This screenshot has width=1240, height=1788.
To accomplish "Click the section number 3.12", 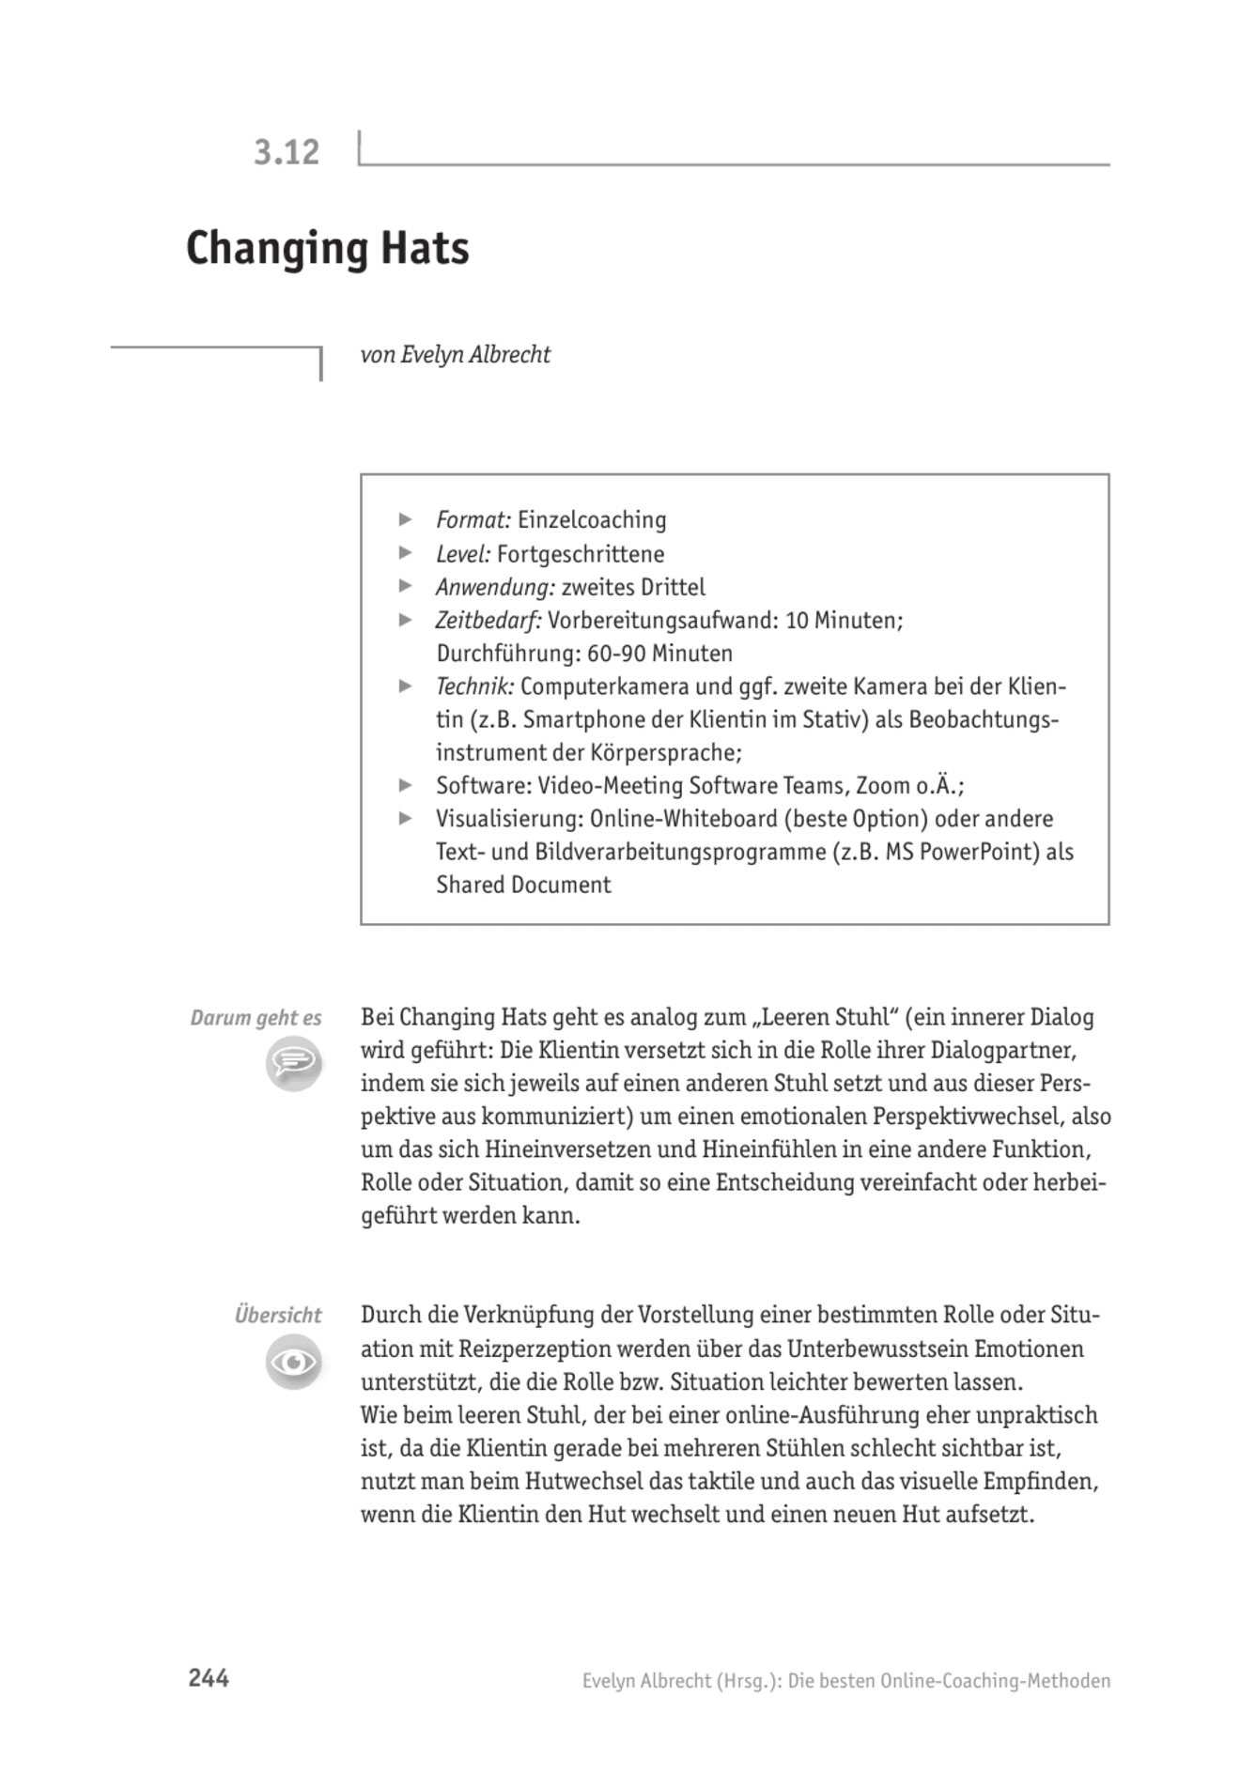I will point(287,152).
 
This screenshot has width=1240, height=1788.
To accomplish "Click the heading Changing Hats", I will point(327,249).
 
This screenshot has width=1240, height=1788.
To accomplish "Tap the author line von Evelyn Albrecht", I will point(455,355).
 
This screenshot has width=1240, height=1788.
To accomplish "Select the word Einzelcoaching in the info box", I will point(592,520).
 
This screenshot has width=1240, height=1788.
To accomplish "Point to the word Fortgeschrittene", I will point(581,554).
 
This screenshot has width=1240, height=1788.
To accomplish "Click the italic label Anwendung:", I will point(495,588).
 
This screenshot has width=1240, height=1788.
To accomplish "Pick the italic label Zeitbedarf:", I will point(488,621).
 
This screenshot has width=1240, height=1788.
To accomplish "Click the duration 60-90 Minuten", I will point(659,654).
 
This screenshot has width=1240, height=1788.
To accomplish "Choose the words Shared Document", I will point(523,886).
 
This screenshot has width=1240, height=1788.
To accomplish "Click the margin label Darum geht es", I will point(256,1018).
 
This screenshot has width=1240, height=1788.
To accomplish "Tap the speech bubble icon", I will point(293,1064).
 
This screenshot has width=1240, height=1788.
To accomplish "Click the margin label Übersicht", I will point(277,1315).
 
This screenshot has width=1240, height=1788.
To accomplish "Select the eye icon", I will point(293,1363).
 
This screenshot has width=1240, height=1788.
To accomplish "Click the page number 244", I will point(209,1678).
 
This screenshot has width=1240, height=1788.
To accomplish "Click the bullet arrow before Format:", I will point(406,519).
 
